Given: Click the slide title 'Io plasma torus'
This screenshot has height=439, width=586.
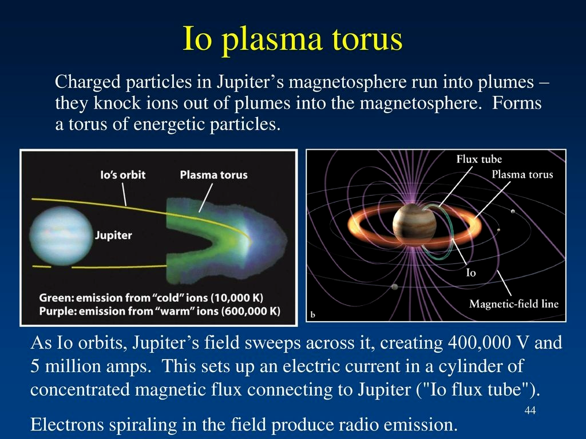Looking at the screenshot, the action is click(x=292, y=39).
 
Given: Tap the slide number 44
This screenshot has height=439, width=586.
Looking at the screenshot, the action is click(x=530, y=410).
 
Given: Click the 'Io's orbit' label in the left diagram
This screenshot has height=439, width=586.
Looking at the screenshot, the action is click(x=122, y=175).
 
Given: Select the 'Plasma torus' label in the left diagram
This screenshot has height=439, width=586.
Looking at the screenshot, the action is click(x=213, y=175).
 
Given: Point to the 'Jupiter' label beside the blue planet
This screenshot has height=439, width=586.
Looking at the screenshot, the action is click(x=113, y=236).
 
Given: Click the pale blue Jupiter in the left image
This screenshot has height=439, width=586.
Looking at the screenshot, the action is click(x=61, y=236).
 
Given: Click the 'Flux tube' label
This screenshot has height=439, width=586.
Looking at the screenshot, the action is click(x=479, y=159).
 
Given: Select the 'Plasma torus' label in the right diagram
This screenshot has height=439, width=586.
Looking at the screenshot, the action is click(x=522, y=174).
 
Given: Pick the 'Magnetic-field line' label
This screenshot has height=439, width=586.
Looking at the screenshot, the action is click(x=513, y=304).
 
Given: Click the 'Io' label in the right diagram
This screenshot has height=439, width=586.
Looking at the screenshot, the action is click(x=471, y=273).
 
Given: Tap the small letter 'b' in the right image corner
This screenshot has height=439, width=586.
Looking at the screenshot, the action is click(x=313, y=315).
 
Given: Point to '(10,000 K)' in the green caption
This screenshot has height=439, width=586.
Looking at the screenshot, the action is click(x=237, y=298).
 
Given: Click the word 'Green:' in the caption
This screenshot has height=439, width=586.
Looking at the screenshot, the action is click(x=57, y=298).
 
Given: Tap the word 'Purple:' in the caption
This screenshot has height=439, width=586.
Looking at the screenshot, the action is click(x=58, y=311).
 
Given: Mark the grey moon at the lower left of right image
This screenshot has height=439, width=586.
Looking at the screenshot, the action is click(x=394, y=287).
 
